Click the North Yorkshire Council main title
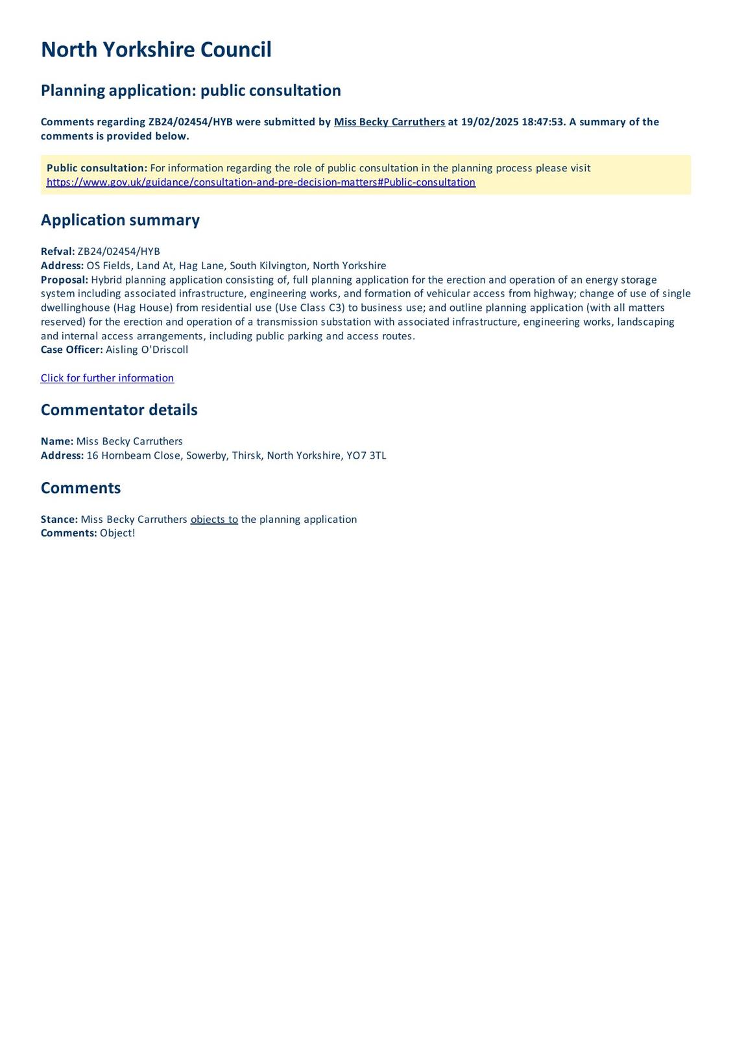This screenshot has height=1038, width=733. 156,50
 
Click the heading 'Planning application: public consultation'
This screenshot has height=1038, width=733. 191,90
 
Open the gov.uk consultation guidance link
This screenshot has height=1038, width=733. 261,182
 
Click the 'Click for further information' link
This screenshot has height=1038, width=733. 107,378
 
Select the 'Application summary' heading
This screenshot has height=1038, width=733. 120,220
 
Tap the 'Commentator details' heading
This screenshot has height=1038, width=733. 119,410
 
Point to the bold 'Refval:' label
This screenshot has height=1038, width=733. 58,252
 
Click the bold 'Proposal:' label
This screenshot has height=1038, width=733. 64,280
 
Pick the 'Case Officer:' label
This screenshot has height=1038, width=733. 71,350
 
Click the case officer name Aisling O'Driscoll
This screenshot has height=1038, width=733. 147,350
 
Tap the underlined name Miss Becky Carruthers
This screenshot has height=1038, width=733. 389,122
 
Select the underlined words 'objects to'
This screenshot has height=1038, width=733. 214,520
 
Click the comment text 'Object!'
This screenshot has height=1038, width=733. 117,533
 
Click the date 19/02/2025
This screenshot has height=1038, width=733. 490,122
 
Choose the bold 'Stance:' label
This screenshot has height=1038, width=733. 59,520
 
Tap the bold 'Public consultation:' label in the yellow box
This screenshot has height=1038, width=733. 97,168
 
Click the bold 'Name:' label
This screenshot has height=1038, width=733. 57,441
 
